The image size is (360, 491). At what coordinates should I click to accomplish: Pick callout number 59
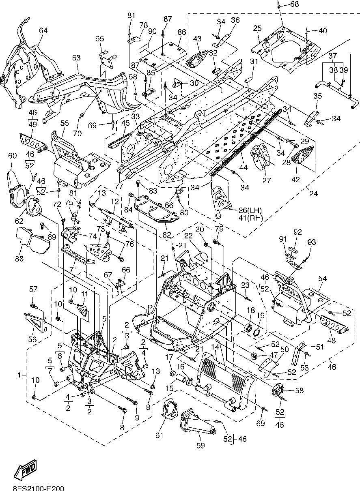click(x=201, y=445)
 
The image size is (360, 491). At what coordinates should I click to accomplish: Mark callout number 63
click(x=76, y=58)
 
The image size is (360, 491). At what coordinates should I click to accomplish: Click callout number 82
click(x=166, y=235)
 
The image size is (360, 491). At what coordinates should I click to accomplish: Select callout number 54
click(x=322, y=279)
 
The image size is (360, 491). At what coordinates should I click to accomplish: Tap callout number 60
click(x=13, y=156)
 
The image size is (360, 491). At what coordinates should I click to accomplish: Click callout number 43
click(x=197, y=39)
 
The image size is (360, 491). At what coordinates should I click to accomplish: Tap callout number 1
click(x=19, y=375)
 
